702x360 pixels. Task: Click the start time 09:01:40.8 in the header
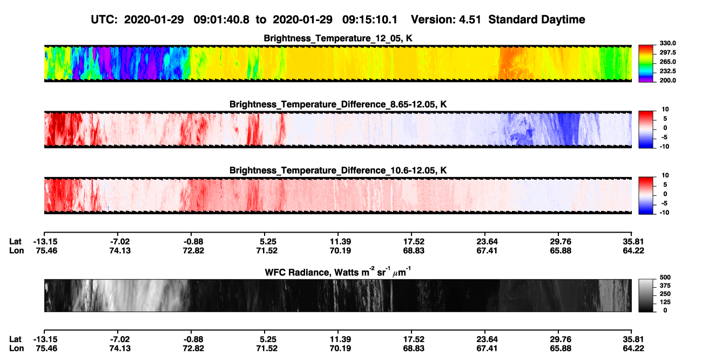[221, 20]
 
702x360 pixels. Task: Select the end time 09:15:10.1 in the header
[370, 20]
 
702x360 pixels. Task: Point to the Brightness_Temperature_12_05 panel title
[338, 38]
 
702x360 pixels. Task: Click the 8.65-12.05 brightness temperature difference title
[338, 104]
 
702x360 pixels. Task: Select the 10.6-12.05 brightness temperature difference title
[338, 171]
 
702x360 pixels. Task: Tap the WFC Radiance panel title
[338, 272]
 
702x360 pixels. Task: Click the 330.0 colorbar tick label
[667, 43]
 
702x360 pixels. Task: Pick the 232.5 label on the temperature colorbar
[667, 71]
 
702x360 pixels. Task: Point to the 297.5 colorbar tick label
[667, 53]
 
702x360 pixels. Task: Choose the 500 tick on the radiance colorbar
[665, 277]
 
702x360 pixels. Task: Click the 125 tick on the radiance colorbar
[665, 302]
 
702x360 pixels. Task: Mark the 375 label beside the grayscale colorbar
[665, 286]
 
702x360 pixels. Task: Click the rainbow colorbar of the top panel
[646, 64]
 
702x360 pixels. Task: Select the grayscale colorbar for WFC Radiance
[646, 295]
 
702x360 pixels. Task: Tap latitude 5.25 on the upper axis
[268, 242]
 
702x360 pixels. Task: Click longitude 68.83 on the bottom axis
[414, 349]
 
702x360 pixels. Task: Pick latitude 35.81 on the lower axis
[633, 339]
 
